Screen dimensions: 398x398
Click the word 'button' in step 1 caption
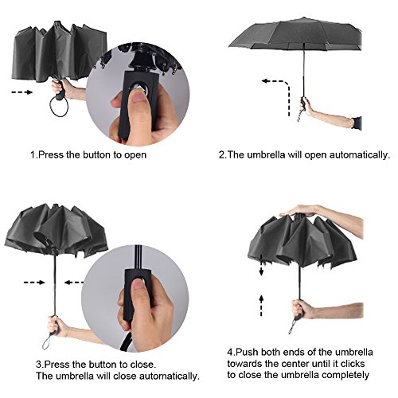(97, 154)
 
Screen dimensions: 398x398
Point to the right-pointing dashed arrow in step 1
(21, 92)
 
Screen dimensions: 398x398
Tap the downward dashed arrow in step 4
(261, 265)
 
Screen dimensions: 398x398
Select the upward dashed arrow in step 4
(261, 306)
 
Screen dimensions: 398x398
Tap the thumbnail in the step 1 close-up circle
(138, 95)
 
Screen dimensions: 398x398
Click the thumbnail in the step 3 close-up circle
(139, 284)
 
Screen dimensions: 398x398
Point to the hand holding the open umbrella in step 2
(306, 105)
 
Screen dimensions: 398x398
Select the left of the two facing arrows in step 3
(34, 283)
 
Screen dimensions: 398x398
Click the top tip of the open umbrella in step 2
(303, 18)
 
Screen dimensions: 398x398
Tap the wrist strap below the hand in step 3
(47, 341)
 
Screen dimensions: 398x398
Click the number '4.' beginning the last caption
(231, 352)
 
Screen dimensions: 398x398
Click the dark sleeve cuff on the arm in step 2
(357, 123)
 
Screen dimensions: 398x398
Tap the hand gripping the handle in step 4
(302, 309)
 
